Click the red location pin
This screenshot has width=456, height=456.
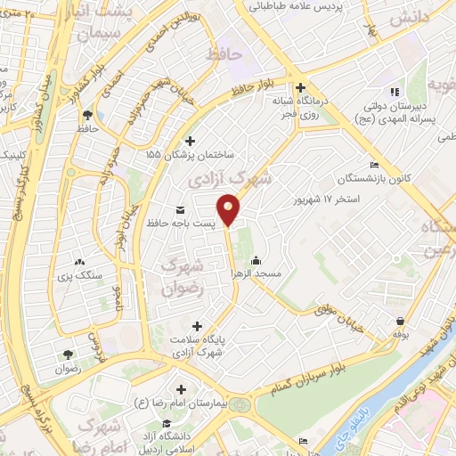tap(230, 210)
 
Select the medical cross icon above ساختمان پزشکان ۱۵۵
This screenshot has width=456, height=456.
tap(189, 141)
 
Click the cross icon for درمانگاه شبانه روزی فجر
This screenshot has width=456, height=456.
tap(301, 88)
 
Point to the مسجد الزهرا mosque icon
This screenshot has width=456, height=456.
tap(256, 261)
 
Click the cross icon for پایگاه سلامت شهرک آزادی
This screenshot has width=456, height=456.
tap(197, 326)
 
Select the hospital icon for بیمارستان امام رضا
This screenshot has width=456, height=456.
tap(181, 388)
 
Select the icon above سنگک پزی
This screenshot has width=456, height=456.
tap(79, 262)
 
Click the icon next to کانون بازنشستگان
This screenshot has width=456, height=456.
tap(374, 166)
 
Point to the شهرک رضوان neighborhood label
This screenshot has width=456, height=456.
tap(185, 276)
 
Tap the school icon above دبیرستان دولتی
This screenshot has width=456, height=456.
tap(395, 92)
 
